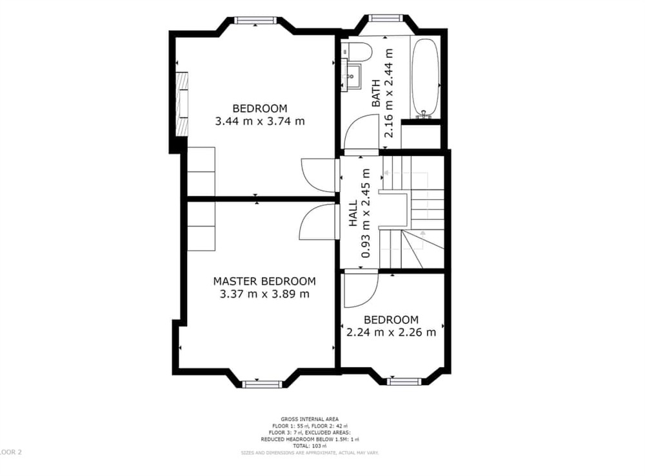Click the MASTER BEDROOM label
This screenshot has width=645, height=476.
(x=264, y=281)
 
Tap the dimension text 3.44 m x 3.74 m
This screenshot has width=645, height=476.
(x=260, y=121)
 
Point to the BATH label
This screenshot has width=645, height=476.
(x=375, y=93)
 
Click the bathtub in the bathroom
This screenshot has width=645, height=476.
(x=425, y=79)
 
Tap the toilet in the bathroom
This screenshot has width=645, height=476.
(x=357, y=52)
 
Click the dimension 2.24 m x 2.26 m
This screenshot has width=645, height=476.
(x=391, y=333)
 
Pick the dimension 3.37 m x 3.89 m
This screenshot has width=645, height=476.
(x=264, y=294)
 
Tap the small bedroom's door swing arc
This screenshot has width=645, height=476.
(x=356, y=290)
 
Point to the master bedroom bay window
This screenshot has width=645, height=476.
(x=263, y=384)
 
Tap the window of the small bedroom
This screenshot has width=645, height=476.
(x=404, y=381)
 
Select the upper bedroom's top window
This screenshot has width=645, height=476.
(x=255, y=21)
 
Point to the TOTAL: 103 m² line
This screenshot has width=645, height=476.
(x=310, y=446)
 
